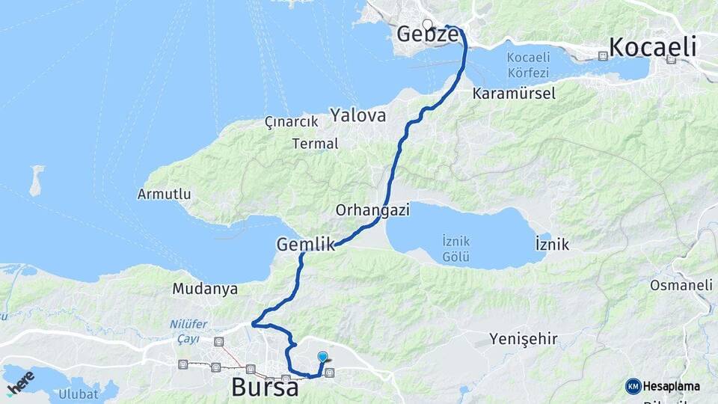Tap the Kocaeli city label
(x=652, y=47)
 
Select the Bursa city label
(x=265, y=388)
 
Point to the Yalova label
(x=358, y=116)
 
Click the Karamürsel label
(x=514, y=94)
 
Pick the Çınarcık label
(x=292, y=122)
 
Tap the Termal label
(x=316, y=144)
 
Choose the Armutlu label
(x=164, y=195)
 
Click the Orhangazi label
(x=372, y=210)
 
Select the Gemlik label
(x=304, y=244)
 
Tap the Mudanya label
(x=204, y=288)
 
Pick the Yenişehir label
(x=524, y=340)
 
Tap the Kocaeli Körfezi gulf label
(x=527, y=65)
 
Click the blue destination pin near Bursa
(x=322, y=358)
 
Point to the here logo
(x=20, y=382)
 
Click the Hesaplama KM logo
(x=663, y=386)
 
